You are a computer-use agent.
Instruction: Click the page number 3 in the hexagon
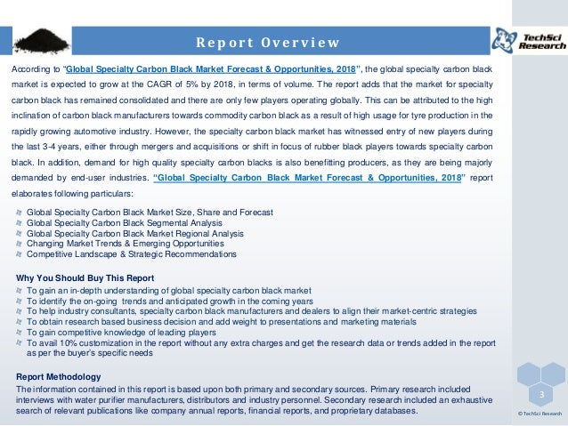pyautogui.click(x=540, y=393)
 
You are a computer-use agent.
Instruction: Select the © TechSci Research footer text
pyautogui.click(x=540, y=414)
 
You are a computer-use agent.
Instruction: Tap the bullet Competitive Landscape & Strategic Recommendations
pyautogui.click(x=133, y=253)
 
